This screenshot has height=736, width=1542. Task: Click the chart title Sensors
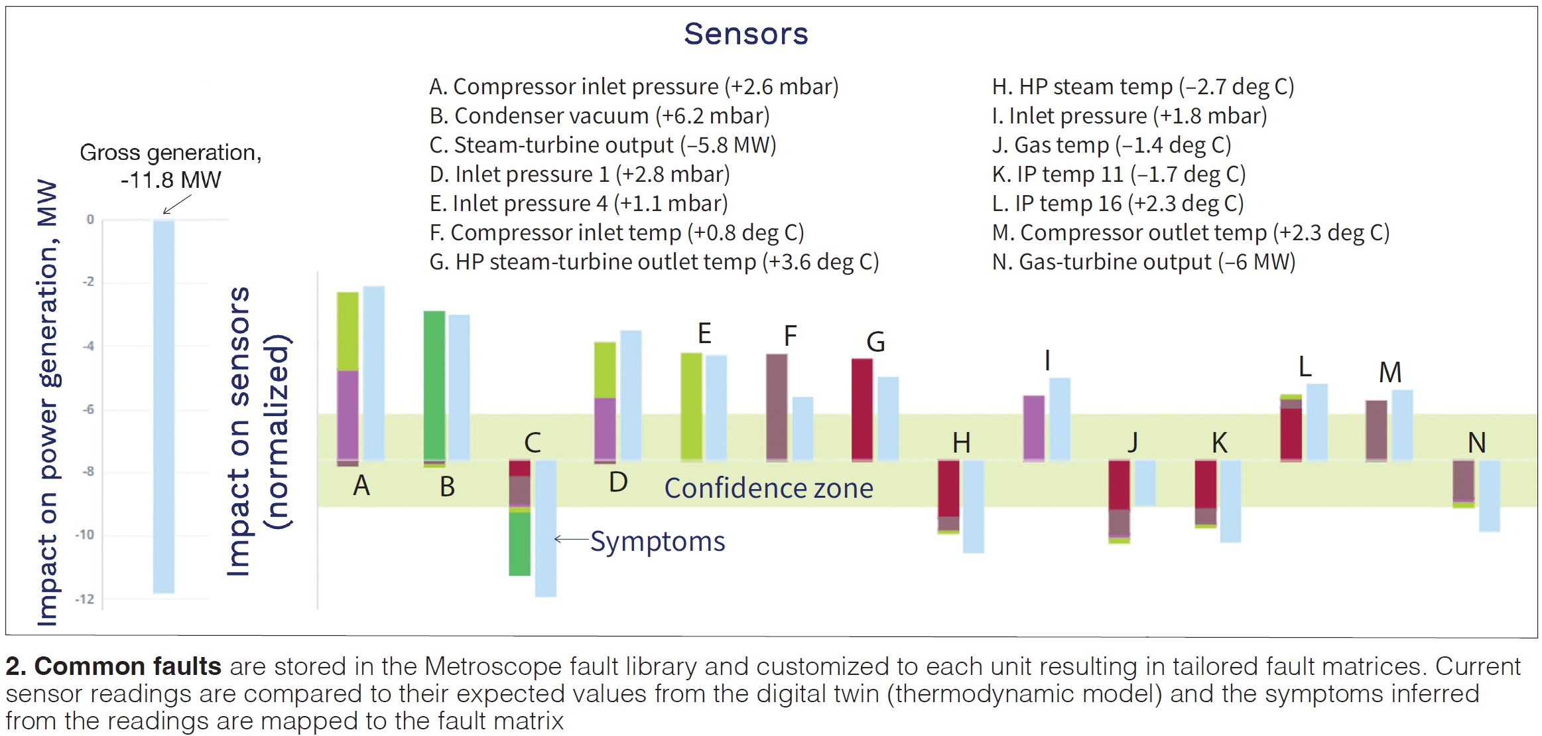(x=746, y=34)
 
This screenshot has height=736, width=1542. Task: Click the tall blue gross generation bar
(x=164, y=406)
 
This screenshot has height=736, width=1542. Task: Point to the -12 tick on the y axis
(x=85, y=599)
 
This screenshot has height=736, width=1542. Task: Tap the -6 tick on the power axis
(x=88, y=409)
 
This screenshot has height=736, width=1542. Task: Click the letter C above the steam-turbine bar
(x=533, y=443)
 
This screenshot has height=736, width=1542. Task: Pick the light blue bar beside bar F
(x=803, y=429)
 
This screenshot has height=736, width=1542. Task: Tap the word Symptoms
(x=657, y=542)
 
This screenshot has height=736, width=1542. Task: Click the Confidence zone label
(x=769, y=488)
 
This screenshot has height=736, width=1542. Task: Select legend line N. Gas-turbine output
(x=1143, y=262)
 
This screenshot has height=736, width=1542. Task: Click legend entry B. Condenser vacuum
(x=600, y=116)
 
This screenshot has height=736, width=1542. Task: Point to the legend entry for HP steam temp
(x=1143, y=87)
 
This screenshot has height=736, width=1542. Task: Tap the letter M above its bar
(x=1390, y=372)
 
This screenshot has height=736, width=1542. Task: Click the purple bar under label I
(x=1034, y=428)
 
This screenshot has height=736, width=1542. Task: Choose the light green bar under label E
(x=691, y=407)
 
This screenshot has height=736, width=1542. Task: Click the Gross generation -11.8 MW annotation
(x=170, y=166)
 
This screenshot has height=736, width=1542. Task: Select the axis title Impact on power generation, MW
(x=48, y=402)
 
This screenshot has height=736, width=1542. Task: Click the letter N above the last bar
(x=1476, y=443)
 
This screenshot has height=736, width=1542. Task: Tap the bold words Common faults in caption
(x=113, y=666)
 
